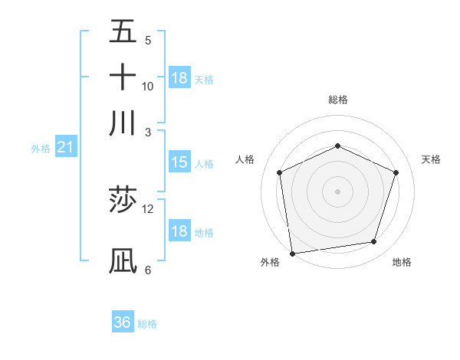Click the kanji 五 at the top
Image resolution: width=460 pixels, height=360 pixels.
[123, 31]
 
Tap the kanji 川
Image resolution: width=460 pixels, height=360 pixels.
[123, 123]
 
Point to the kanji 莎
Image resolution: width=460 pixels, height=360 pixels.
[123, 201]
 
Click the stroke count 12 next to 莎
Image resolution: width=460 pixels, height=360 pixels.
[148, 209]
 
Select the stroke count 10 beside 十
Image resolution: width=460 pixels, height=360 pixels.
[148, 86]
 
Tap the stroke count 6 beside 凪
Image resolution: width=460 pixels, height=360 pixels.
[148, 270]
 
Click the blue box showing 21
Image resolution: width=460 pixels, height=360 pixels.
[65, 147]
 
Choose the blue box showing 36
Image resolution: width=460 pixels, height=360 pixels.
[123, 322]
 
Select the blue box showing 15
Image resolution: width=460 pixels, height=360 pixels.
[179, 162]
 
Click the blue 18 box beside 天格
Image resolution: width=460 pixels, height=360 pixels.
[179, 78]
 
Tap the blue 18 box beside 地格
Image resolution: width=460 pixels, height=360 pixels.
[179, 232]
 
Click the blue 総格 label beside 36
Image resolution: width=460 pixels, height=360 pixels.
[148, 324]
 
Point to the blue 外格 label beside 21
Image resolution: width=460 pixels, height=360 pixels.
[41, 149]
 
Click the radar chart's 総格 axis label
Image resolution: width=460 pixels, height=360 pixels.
[337, 100]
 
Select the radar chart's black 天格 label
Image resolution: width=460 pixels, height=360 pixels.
[431, 159]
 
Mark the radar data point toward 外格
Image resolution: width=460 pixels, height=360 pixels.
[292, 253]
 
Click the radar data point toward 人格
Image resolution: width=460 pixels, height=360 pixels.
[280, 172]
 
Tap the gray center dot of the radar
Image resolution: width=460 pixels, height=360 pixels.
[337, 191]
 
